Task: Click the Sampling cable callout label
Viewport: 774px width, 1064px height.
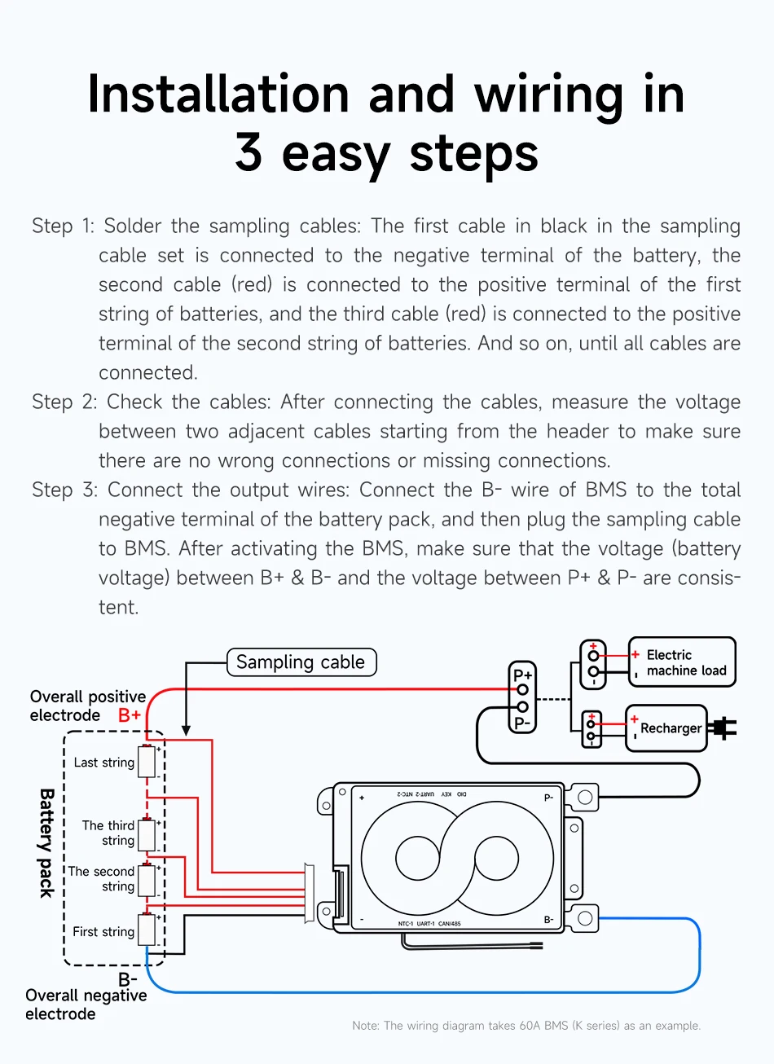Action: [301, 662]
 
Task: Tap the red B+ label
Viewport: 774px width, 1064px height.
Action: [130, 715]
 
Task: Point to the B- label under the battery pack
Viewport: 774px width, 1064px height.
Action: [128, 978]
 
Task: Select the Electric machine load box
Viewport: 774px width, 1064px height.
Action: [682, 662]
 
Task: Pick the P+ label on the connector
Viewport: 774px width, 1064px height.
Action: [522, 675]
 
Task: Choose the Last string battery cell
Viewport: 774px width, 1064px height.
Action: [147, 762]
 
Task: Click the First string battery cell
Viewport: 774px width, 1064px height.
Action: [147, 930]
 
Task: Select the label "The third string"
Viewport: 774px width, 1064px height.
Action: [108, 833]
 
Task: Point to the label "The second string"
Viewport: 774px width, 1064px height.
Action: [102, 879]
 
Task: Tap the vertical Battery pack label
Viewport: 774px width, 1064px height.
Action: [47, 842]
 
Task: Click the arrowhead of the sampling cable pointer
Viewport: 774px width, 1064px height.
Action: [187, 730]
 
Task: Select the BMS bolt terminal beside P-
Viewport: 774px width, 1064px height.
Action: [584, 797]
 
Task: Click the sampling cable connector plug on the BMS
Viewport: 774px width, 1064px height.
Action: [310, 893]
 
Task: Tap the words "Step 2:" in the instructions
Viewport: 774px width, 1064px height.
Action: [64, 402]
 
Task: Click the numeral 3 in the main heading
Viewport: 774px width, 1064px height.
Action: [249, 152]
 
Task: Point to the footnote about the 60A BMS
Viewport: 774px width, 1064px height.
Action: [526, 1026]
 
